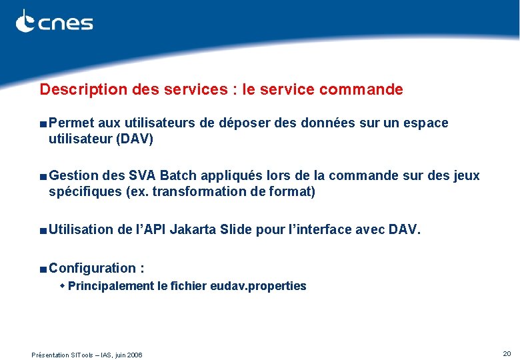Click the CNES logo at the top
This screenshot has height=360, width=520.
tap(54, 22)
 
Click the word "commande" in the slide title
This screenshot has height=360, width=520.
tap(368, 89)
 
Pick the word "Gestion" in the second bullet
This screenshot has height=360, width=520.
tap(74, 176)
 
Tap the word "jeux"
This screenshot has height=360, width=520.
tap(466, 176)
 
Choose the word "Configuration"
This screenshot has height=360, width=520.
tap(92, 268)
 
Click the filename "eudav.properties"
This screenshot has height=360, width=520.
tap(258, 286)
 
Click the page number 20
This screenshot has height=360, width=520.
tap(507, 353)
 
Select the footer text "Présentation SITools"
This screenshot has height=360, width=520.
tap(64, 355)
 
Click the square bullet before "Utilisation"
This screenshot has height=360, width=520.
tap(43, 231)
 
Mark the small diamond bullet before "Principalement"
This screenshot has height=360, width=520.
tap(63, 286)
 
